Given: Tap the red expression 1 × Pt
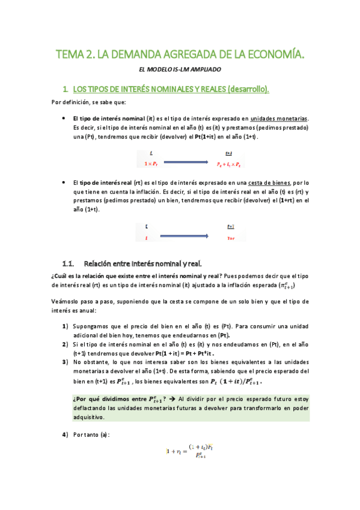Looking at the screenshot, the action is (x=151, y=164).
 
